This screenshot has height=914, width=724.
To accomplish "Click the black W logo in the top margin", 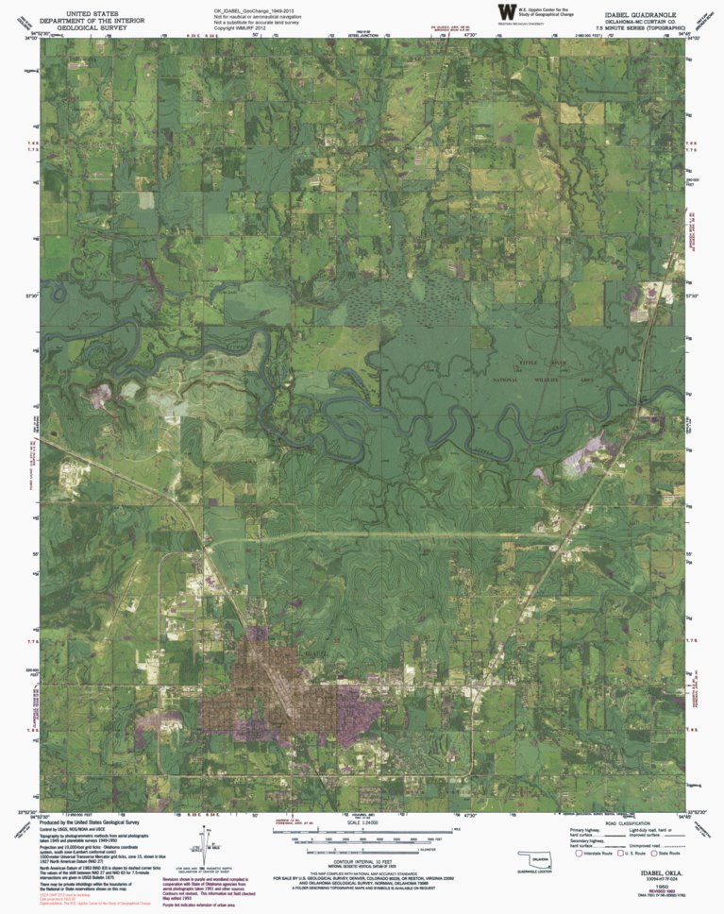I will [507, 11].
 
